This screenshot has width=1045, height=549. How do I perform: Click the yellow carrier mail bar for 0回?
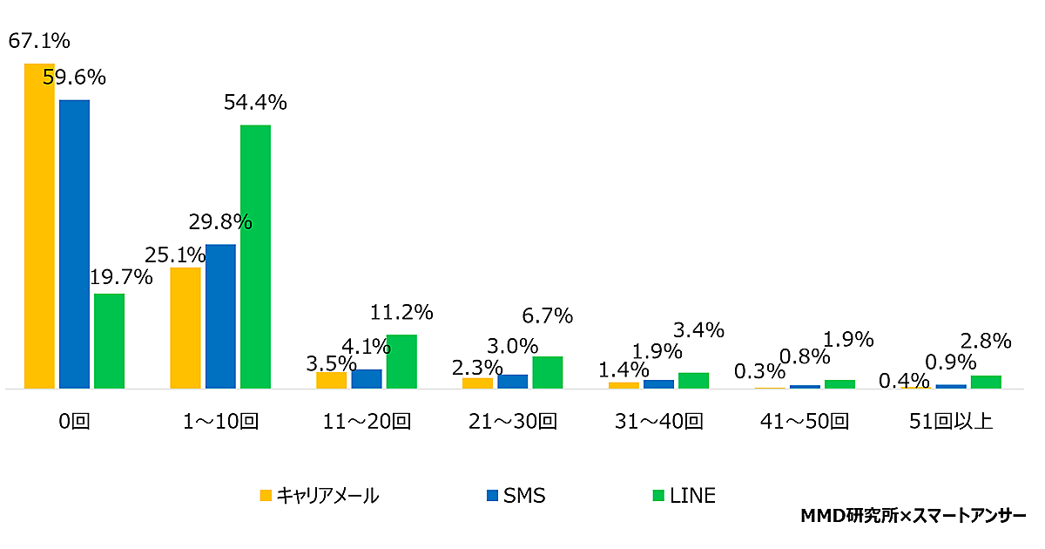click(39, 227)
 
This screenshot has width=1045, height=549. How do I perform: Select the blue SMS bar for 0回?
click(74, 244)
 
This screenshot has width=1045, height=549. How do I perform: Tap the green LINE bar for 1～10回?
click(255, 257)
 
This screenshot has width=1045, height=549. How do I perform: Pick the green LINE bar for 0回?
click(109, 341)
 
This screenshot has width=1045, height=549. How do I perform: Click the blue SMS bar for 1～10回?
click(220, 316)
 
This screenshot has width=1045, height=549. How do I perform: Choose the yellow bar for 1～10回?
click(185, 328)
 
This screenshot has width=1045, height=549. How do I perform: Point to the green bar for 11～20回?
click(401, 362)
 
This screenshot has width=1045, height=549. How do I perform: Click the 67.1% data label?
click(39, 41)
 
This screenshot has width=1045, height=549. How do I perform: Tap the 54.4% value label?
click(255, 103)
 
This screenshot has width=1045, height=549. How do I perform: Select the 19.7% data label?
click(121, 278)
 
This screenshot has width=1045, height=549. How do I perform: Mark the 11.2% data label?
click(401, 312)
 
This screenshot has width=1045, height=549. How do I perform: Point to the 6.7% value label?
click(547, 316)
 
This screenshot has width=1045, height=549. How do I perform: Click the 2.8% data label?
click(987, 341)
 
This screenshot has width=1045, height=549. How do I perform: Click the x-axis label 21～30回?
click(513, 423)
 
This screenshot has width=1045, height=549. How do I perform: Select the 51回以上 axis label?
click(951, 423)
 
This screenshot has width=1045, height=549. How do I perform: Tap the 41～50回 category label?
click(805, 423)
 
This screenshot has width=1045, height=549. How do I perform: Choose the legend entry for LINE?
click(684, 496)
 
